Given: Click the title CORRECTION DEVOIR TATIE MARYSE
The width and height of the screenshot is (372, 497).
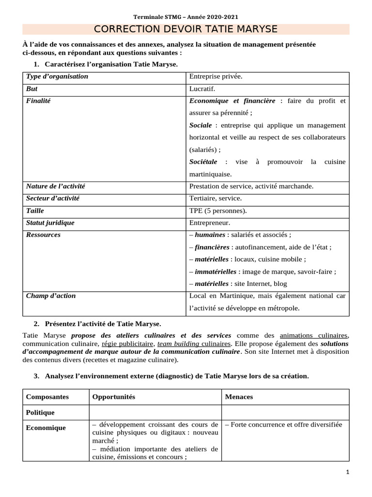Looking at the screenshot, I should [186, 29].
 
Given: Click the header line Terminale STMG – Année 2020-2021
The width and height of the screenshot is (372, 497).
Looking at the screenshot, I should [186, 17].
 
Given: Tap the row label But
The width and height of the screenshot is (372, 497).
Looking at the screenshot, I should [32, 89].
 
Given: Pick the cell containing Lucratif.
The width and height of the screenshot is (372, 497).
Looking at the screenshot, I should [202, 89].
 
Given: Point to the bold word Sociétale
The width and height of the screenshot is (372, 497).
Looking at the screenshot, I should [203, 162].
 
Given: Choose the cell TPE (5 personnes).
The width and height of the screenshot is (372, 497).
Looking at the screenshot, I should [217, 211].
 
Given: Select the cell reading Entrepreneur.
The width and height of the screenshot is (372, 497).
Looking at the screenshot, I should [210, 223].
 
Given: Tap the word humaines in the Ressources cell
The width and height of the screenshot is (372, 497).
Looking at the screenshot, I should [210, 235].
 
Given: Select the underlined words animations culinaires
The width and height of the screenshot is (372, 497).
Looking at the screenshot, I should [314, 335].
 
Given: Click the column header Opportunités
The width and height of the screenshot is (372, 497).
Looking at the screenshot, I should [113, 397].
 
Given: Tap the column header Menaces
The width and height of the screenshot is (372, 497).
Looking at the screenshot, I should [239, 397].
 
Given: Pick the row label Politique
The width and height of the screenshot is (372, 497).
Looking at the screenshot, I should [40, 413].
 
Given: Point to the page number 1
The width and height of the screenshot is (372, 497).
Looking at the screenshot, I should [348, 472].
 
